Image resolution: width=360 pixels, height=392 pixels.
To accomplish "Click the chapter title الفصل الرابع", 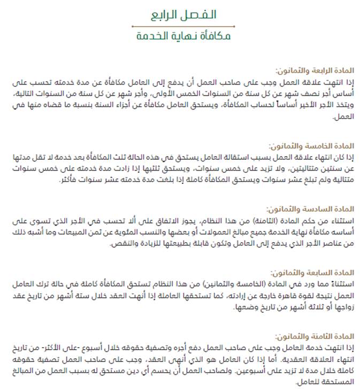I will point(180,14).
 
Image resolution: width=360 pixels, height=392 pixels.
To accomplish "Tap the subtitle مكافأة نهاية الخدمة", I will point(180,37).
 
